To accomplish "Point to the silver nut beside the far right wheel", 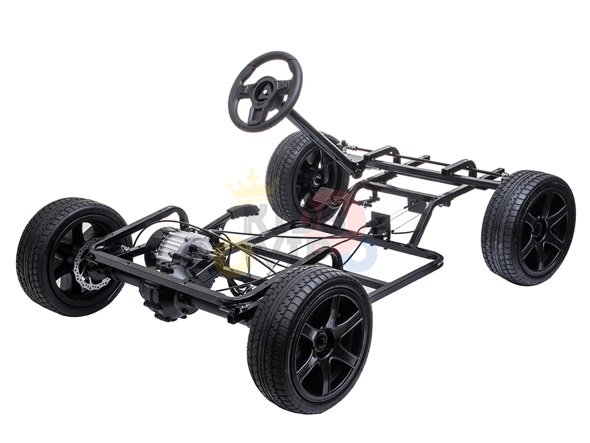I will click(503, 175).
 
